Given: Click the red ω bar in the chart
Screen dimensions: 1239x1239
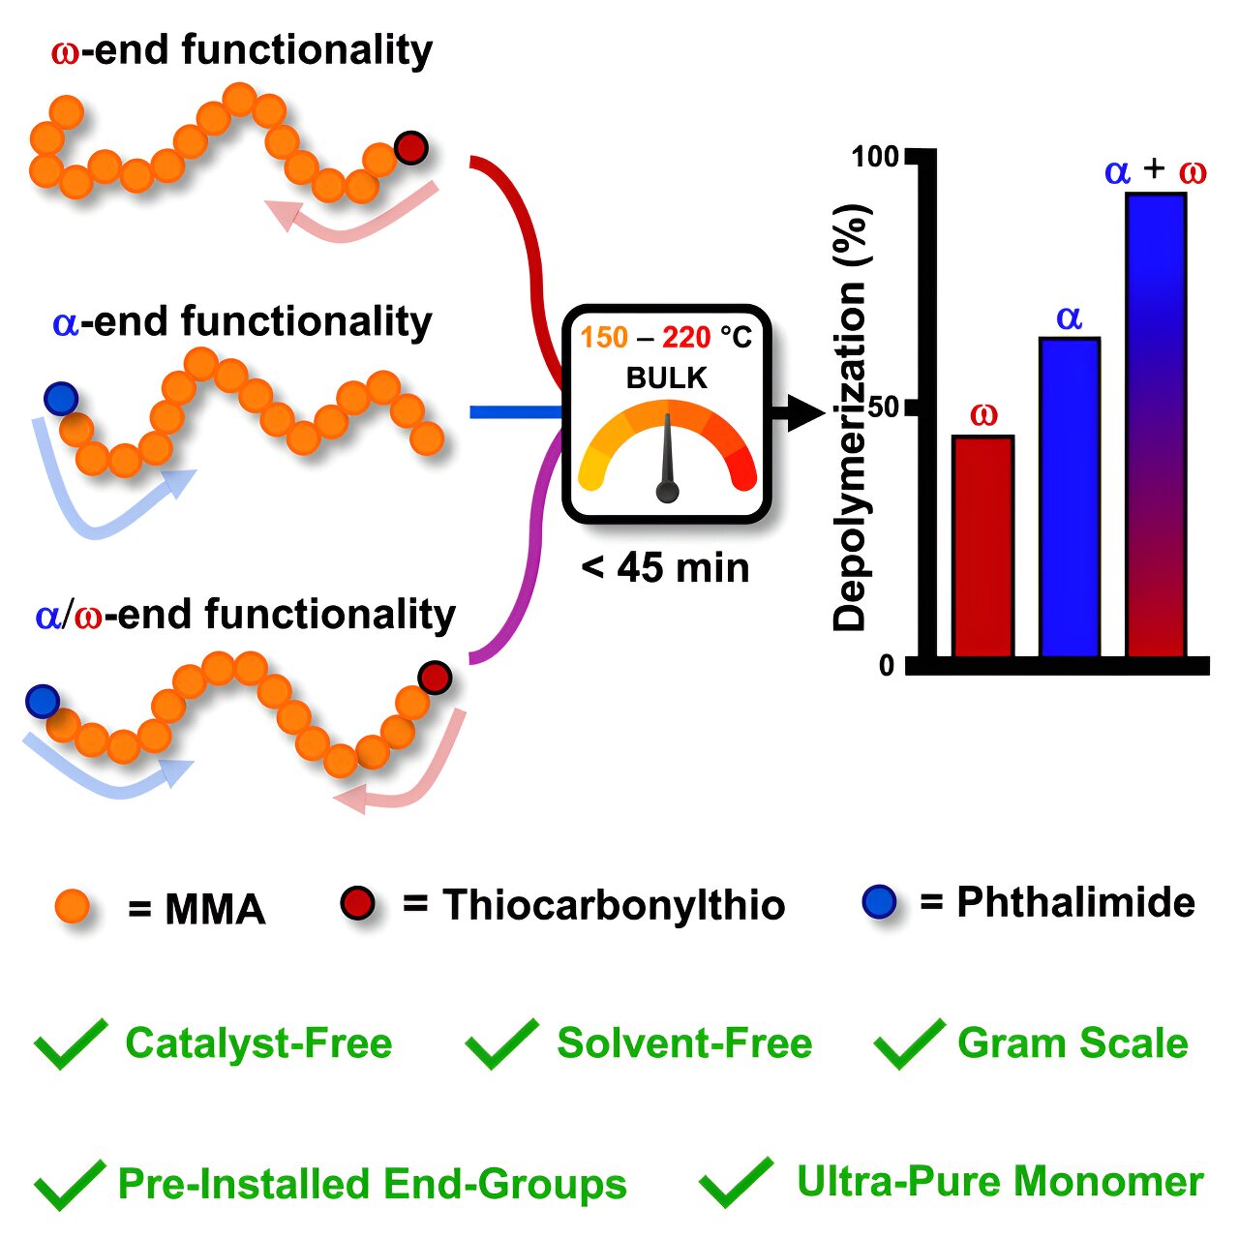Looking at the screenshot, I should pyautogui.click(x=982, y=547).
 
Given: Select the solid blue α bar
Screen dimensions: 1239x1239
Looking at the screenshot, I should pyautogui.click(x=1069, y=498).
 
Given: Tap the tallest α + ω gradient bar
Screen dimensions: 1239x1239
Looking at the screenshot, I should pyautogui.click(x=1156, y=426).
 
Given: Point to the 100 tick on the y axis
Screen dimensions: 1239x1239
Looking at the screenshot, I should pyautogui.click(x=875, y=156).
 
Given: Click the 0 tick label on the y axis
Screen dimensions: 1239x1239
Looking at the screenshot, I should pyautogui.click(x=887, y=666).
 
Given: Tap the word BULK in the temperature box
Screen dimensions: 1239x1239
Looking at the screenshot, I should pyautogui.click(x=667, y=378).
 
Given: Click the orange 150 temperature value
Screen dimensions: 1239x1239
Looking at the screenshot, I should pyautogui.click(x=604, y=338).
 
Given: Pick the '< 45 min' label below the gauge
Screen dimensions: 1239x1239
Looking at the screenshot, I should pyautogui.click(x=666, y=567).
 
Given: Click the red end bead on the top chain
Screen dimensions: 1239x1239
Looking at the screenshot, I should pyautogui.click(x=410, y=147).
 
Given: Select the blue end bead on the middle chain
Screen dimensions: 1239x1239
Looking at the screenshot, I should pyautogui.click(x=61, y=398).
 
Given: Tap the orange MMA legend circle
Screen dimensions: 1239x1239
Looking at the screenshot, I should pyautogui.click(x=73, y=907).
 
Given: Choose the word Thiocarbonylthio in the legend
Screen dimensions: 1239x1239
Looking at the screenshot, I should pyautogui.click(x=614, y=905).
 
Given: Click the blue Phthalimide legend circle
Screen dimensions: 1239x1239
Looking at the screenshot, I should pyautogui.click(x=878, y=901).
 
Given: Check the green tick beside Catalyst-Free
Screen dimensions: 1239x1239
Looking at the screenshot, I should pyautogui.click(x=70, y=1043).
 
